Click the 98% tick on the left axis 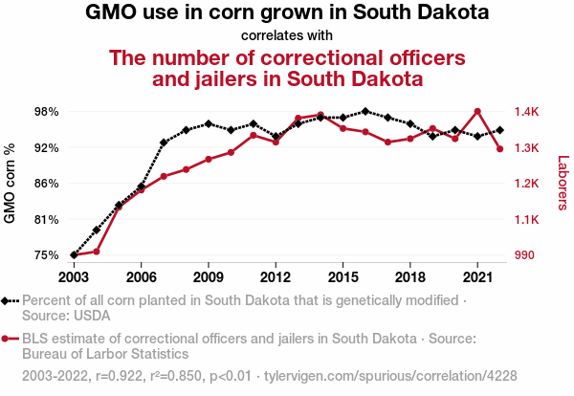tap(46, 112)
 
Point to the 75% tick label tap(46, 255)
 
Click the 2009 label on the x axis tap(208, 276)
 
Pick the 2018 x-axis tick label tap(409, 276)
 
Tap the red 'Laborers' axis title tap(563, 184)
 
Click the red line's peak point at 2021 tap(477, 111)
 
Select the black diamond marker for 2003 tap(74, 255)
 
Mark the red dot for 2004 tap(96, 252)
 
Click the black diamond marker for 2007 tap(164, 143)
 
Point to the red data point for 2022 tap(499, 148)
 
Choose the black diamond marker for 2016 tap(365, 111)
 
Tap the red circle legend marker tap(7, 339)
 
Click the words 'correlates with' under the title tap(287, 36)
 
